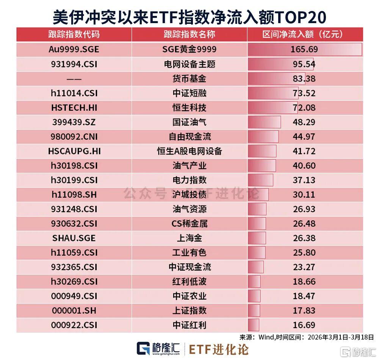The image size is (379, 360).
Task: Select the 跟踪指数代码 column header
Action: tap(74, 34)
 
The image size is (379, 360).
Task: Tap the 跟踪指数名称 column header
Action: tap(189, 34)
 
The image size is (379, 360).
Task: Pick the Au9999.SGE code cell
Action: tap(74, 49)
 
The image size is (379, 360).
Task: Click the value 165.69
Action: tap(304, 49)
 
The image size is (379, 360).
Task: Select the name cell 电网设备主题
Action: tap(189, 64)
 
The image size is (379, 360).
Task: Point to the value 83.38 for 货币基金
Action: tap(304, 78)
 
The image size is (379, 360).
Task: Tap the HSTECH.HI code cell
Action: tap(74, 108)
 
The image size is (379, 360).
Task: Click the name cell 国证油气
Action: tap(189, 122)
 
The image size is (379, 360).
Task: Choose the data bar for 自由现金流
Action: tap(263, 136)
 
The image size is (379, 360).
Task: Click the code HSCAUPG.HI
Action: tap(74, 151)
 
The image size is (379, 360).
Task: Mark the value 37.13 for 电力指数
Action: tap(304, 180)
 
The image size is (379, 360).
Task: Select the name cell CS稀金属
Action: tap(189, 224)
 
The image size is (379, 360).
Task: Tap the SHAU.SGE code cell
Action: tap(74, 238)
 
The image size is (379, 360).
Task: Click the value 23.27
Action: tap(304, 267)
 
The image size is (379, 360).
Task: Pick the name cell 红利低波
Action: tap(189, 282)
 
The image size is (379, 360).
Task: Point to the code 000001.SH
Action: tap(74, 310)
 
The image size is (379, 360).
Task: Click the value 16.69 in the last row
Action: tap(304, 325)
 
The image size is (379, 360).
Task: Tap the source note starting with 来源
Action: tap(307, 337)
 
